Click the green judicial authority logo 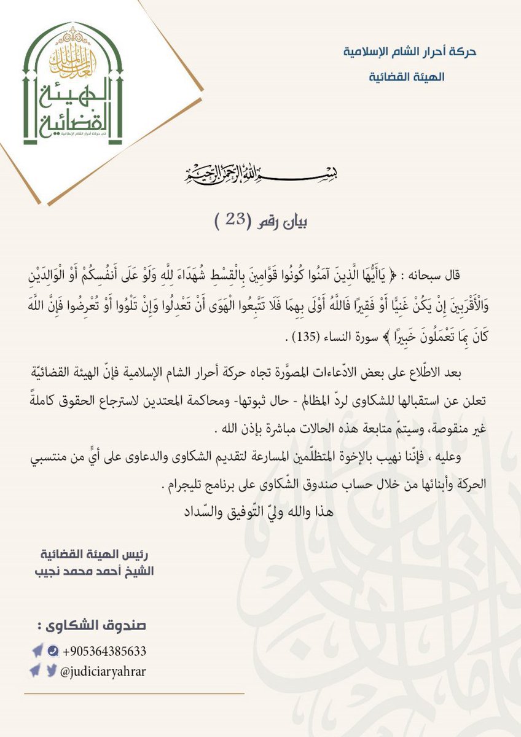coord(73,85)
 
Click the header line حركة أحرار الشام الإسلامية coord(410,51)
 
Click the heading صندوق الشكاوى coord(92,626)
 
